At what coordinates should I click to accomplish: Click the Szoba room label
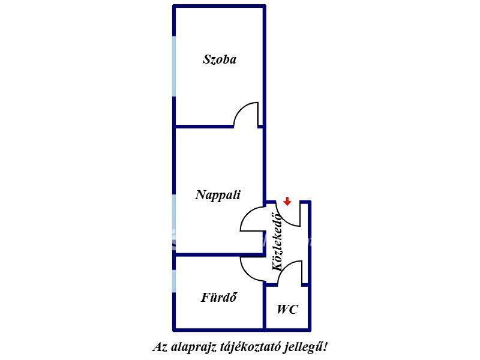(x=219, y=59)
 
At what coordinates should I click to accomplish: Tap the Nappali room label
(x=218, y=195)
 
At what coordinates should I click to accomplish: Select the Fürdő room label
(x=220, y=297)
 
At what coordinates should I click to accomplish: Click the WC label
(x=287, y=310)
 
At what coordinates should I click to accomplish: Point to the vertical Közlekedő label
(x=278, y=241)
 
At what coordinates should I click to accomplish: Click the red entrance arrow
(x=287, y=202)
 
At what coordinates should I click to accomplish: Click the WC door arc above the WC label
(x=289, y=271)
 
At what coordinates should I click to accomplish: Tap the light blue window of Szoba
(x=174, y=66)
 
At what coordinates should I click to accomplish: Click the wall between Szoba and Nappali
(x=204, y=127)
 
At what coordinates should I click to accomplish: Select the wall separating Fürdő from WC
(x=265, y=307)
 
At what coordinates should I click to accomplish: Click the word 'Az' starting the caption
(x=160, y=347)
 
